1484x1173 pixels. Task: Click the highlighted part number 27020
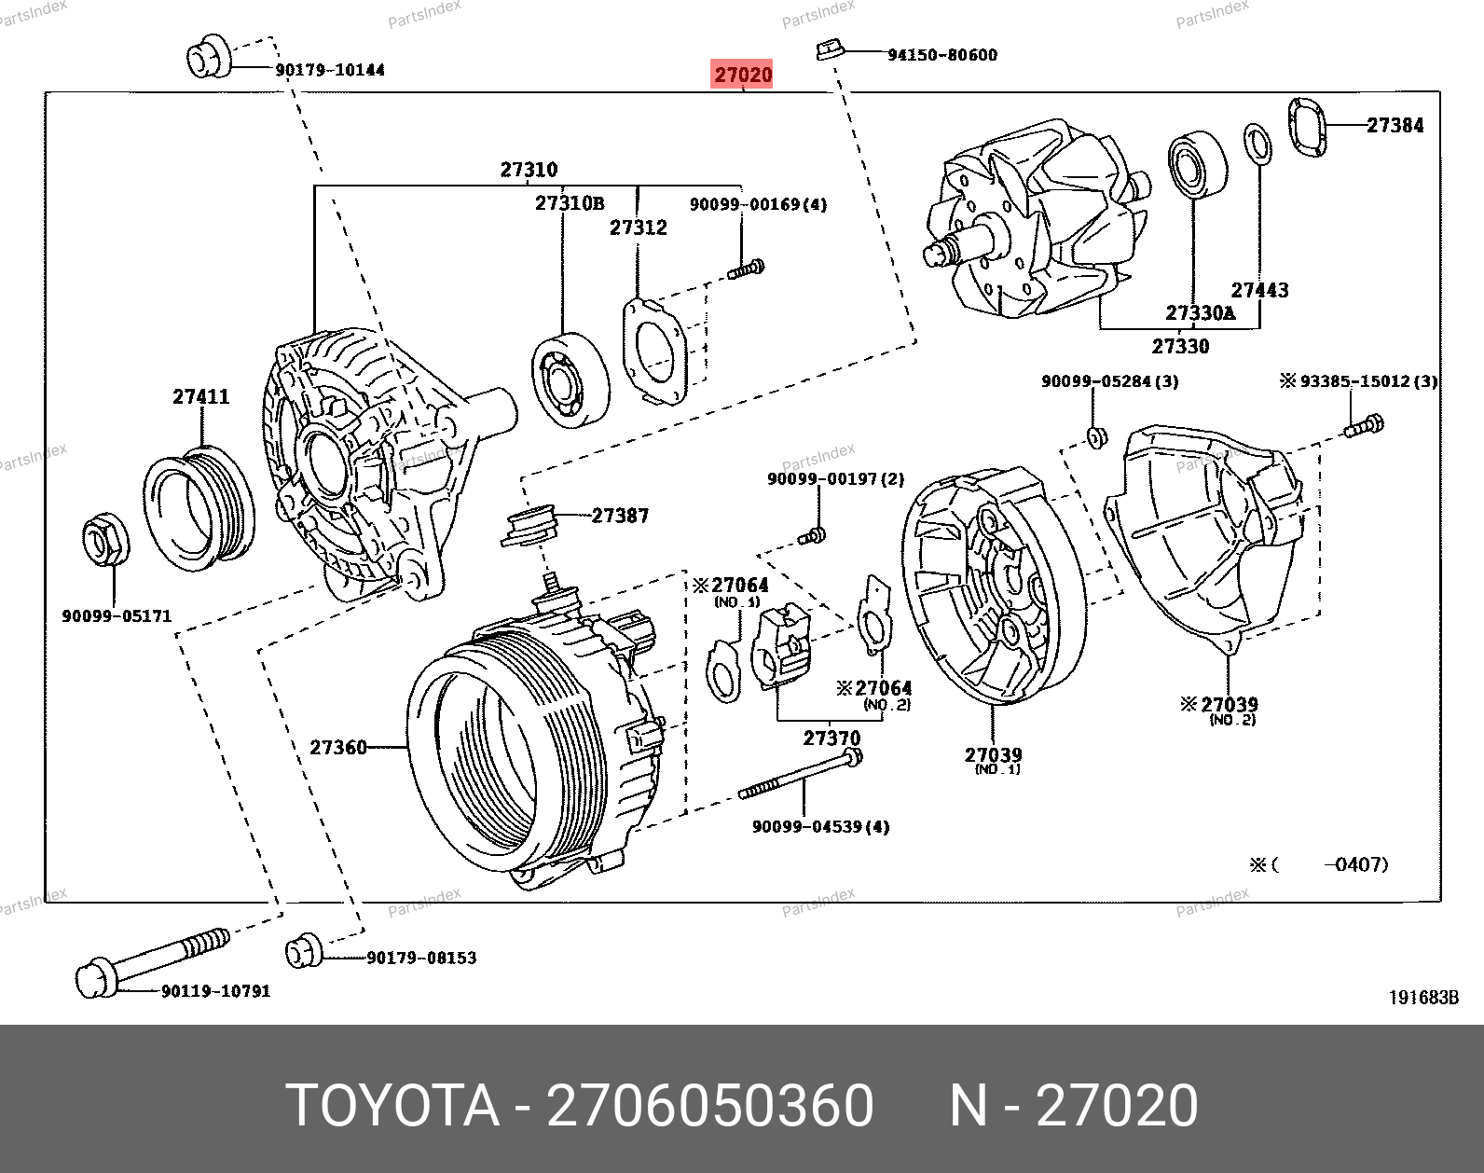pyautogui.click(x=743, y=75)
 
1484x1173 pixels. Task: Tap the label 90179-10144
pyautogui.click(x=330, y=70)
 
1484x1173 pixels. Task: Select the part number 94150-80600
pyautogui.click(x=941, y=55)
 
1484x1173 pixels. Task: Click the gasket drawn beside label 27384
pyautogui.click(x=1307, y=127)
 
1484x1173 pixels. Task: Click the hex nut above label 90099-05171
pyautogui.click(x=105, y=540)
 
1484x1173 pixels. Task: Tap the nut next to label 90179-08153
pyautogui.click(x=303, y=950)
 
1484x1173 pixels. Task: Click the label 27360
pyautogui.click(x=337, y=748)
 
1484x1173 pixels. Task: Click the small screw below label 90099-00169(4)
pyautogui.click(x=747, y=269)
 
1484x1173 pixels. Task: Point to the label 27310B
pyautogui.click(x=569, y=203)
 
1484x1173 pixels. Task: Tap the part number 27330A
pyautogui.click(x=1200, y=313)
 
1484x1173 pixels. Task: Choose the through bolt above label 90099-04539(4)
pyautogui.click(x=801, y=776)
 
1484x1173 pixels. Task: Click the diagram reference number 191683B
pyautogui.click(x=1423, y=998)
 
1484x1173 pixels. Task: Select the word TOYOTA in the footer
pyautogui.click(x=392, y=1106)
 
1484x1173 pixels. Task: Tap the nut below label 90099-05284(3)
pyautogui.click(x=1097, y=435)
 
